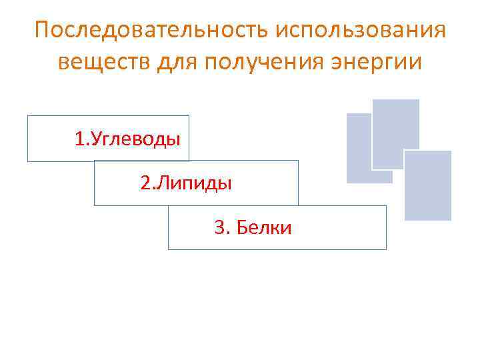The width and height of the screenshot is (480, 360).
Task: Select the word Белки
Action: pyautogui.click(x=263, y=228)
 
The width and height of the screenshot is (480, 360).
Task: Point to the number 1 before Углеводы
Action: pyautogui.click(x=79, y=139)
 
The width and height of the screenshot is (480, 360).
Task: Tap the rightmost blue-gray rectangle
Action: pyautogui.click(x=428, y=185)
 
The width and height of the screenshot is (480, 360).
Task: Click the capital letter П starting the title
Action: pyautogui.click(x=41, y=31)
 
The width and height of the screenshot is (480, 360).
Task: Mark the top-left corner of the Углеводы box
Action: pyautogui.click(x=28, y=116)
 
